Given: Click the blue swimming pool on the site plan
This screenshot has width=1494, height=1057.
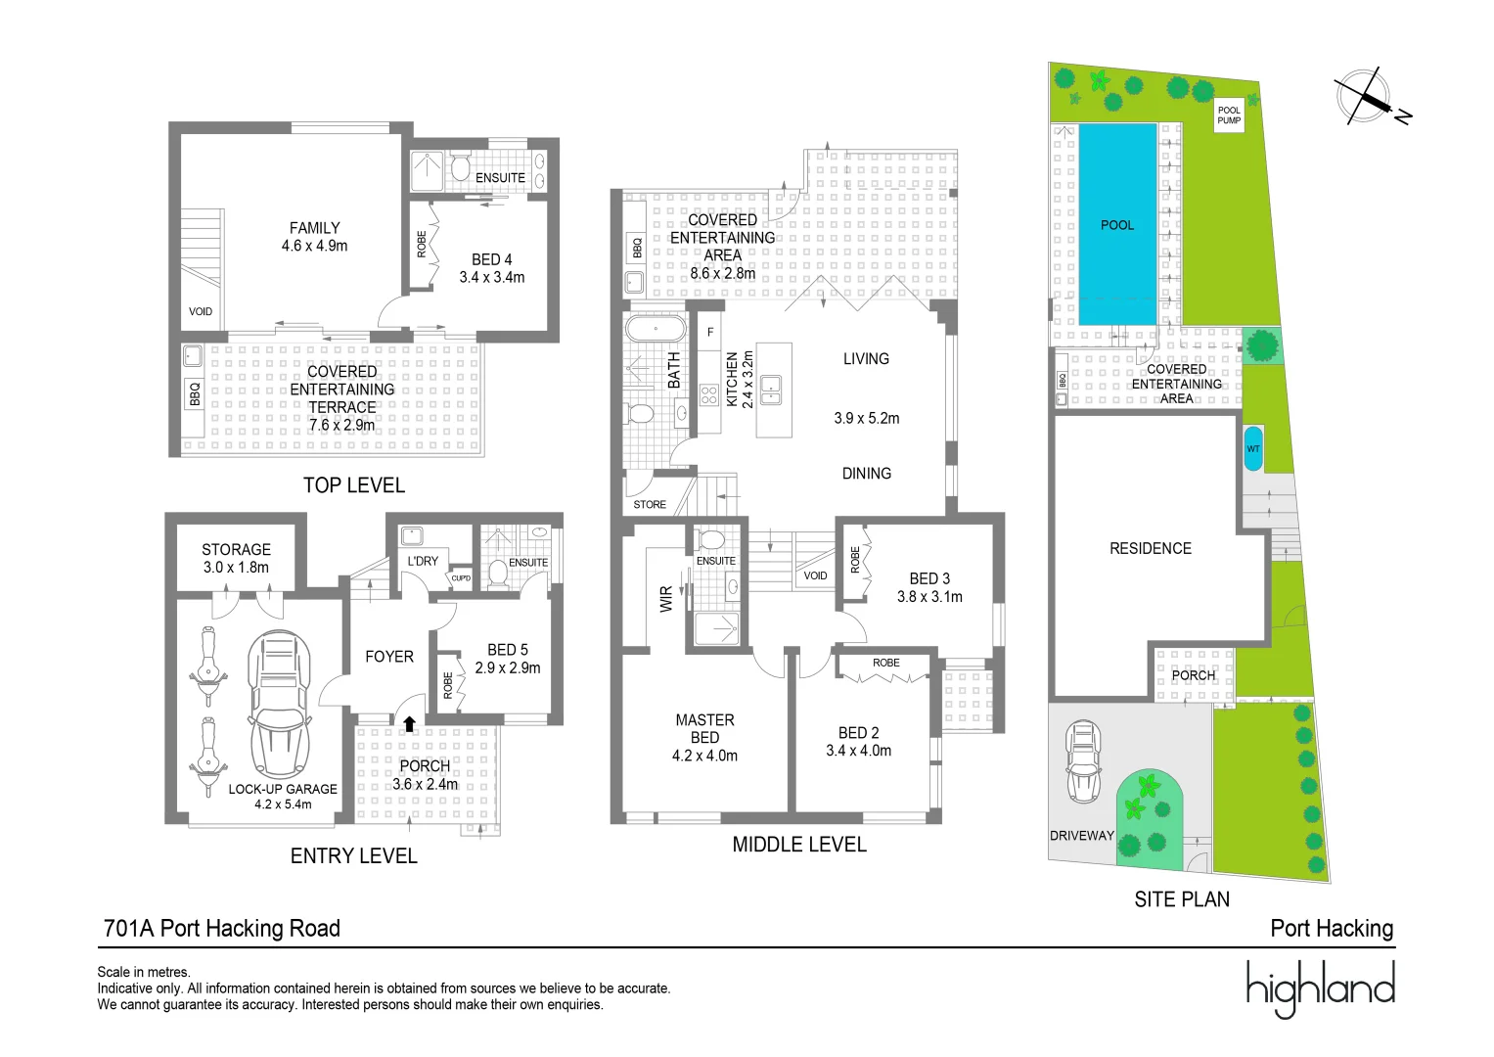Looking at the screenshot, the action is click(x=1117, y=224).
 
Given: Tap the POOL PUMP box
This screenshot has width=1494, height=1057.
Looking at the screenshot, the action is click(x=1229, y=115).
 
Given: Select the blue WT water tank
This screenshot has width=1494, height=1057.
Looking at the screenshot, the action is click(x=1253, y=448).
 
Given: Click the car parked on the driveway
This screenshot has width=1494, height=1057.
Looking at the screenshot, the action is click(x=1083, y=760).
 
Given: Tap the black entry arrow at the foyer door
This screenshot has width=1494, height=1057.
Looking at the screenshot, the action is click(x=410, y=723).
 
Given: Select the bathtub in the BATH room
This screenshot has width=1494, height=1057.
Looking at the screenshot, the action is click(x=656, y=329).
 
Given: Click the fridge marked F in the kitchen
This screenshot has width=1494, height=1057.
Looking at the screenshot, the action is click(x=710, y=332).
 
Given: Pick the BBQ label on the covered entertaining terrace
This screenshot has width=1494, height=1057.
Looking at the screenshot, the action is click(x=194, y=393).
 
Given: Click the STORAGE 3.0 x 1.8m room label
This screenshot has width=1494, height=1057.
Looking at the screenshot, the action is click(x=236, y=559).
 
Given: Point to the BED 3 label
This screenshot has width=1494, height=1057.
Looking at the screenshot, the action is click(x=929, y=578).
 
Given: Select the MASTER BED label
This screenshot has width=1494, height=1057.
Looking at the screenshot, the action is click(x=705, y=729).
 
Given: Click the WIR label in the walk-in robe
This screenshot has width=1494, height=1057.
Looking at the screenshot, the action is click(x=665, y=599).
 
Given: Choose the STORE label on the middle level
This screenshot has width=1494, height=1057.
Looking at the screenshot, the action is click(x=650, y=504).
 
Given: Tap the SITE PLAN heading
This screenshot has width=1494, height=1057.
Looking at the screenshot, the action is click(x=1182, y=899).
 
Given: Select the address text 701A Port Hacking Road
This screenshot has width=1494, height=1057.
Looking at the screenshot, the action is click(x=222, y=928).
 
